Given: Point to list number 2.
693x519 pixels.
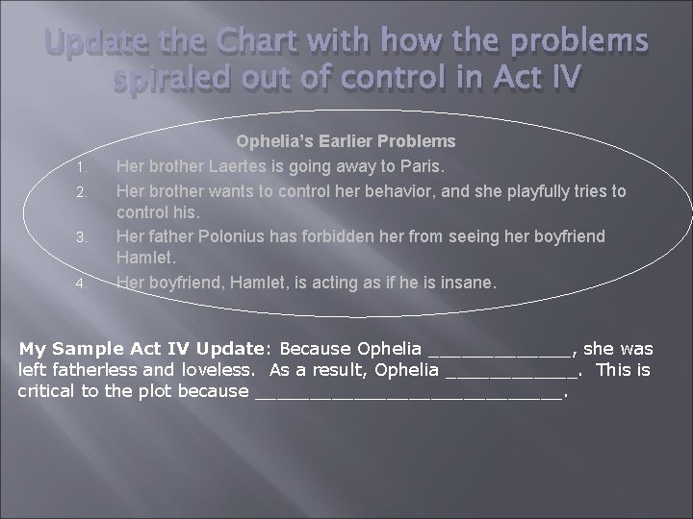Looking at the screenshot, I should coord(83,191).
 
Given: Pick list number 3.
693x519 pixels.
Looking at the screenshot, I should coord(83,237).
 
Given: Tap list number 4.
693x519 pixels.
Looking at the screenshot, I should coord(83,284).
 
